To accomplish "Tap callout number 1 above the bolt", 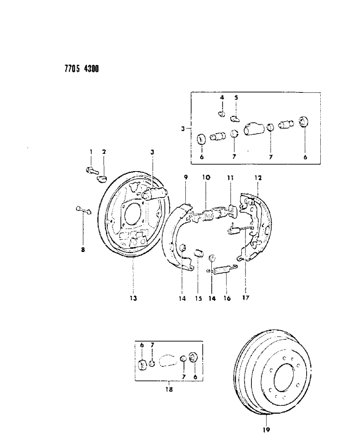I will (91, 152).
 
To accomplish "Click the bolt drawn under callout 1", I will (90, 170).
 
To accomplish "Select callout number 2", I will (104, 152).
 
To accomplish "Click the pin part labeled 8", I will (84, 210).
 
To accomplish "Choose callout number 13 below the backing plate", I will (133, 298).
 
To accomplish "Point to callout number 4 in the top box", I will (222, 97).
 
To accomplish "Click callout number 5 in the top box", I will (236, 97).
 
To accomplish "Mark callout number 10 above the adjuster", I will (206, 178).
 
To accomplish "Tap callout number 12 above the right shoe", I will (258, 178).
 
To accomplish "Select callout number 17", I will (245, 298).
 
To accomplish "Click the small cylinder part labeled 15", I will (199, 252).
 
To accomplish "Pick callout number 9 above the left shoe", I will (186, 178).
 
